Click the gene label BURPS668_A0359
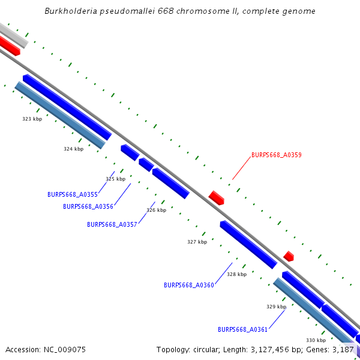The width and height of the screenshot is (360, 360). (276, 155)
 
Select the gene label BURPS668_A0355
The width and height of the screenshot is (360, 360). (72, 194)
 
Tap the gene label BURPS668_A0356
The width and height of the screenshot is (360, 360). (88, 206)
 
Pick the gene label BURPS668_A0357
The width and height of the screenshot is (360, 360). (112, 224)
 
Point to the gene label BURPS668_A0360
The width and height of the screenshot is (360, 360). (188, 285)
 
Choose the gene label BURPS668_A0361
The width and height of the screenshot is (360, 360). (242, 329)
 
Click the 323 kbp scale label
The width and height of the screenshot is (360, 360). (32, 119)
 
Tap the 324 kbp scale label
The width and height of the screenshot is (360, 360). (74, 149)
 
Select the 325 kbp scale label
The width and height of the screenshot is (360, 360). (116, 179)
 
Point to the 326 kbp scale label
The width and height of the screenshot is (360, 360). (156, 210)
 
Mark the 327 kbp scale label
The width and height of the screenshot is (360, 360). (197, 242)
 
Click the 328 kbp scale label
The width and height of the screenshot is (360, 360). (236, 274)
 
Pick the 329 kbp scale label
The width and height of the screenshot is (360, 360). (276, 307)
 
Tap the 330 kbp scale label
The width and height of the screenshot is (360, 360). (316, 340)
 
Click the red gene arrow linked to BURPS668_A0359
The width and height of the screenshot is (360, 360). (216, 197)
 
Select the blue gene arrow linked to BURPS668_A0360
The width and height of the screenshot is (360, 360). (248, 244)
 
